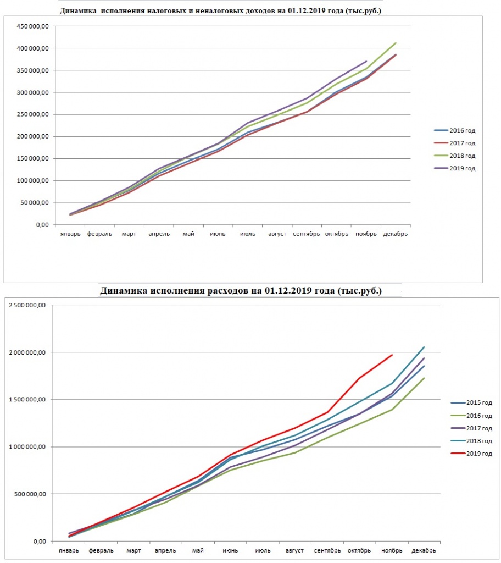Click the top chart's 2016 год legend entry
tap(455, 130)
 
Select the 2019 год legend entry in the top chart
tap(455, 168)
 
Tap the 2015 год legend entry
tap(471, 402)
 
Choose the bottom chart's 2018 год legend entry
tap(471, 440)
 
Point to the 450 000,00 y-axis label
tap(32, 26)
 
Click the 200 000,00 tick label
tap(32, 136)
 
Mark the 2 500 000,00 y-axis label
tap(27, 305)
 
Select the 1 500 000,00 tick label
tap(27, 399)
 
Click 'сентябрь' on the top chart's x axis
tap(306, 234)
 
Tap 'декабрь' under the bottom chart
tap(424, 550)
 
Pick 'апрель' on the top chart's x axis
tap(159, 234)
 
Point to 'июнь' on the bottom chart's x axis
tap(230, 550)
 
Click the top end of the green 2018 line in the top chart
tap(396, 43)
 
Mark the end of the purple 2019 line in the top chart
tap(366, 62)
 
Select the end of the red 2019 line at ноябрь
tap(392, 355)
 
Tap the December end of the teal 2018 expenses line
tap(424, 347)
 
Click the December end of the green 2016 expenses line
tap(424, 378)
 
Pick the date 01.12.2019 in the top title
tap(307, 11)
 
